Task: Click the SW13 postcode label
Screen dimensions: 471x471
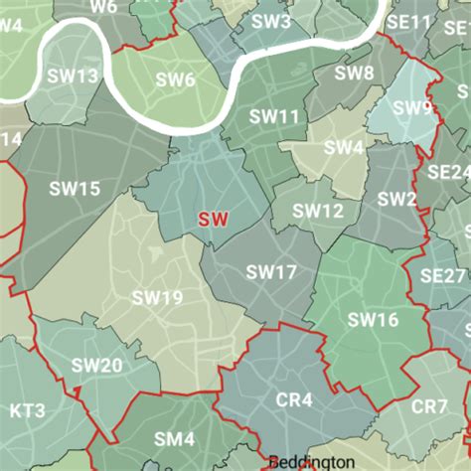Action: pos(74,76)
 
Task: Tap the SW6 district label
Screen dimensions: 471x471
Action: pos(175,79)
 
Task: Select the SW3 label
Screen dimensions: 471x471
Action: pos(271,21)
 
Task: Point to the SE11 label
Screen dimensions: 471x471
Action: pos(409,21)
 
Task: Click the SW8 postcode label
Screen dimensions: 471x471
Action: pos(354,73)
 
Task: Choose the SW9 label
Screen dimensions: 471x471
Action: pos(412,107)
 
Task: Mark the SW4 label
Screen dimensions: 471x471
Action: pos(343,147)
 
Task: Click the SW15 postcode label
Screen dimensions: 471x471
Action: pos(75,188)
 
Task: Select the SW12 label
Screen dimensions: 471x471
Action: pos(318,211)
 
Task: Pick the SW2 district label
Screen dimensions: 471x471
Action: pos(396,198)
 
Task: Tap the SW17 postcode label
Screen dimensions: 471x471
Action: pos(271,271)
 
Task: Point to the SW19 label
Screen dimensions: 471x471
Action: pos(158,297)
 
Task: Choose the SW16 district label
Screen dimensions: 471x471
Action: pos(373,319)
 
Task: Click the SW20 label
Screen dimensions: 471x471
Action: pos(97,366)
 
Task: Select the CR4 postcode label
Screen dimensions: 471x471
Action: pos(293,400)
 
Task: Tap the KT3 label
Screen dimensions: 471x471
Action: pos(27,409)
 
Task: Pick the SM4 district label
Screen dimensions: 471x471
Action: pos(174,438)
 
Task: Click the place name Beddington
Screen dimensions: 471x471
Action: pos(310,462)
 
